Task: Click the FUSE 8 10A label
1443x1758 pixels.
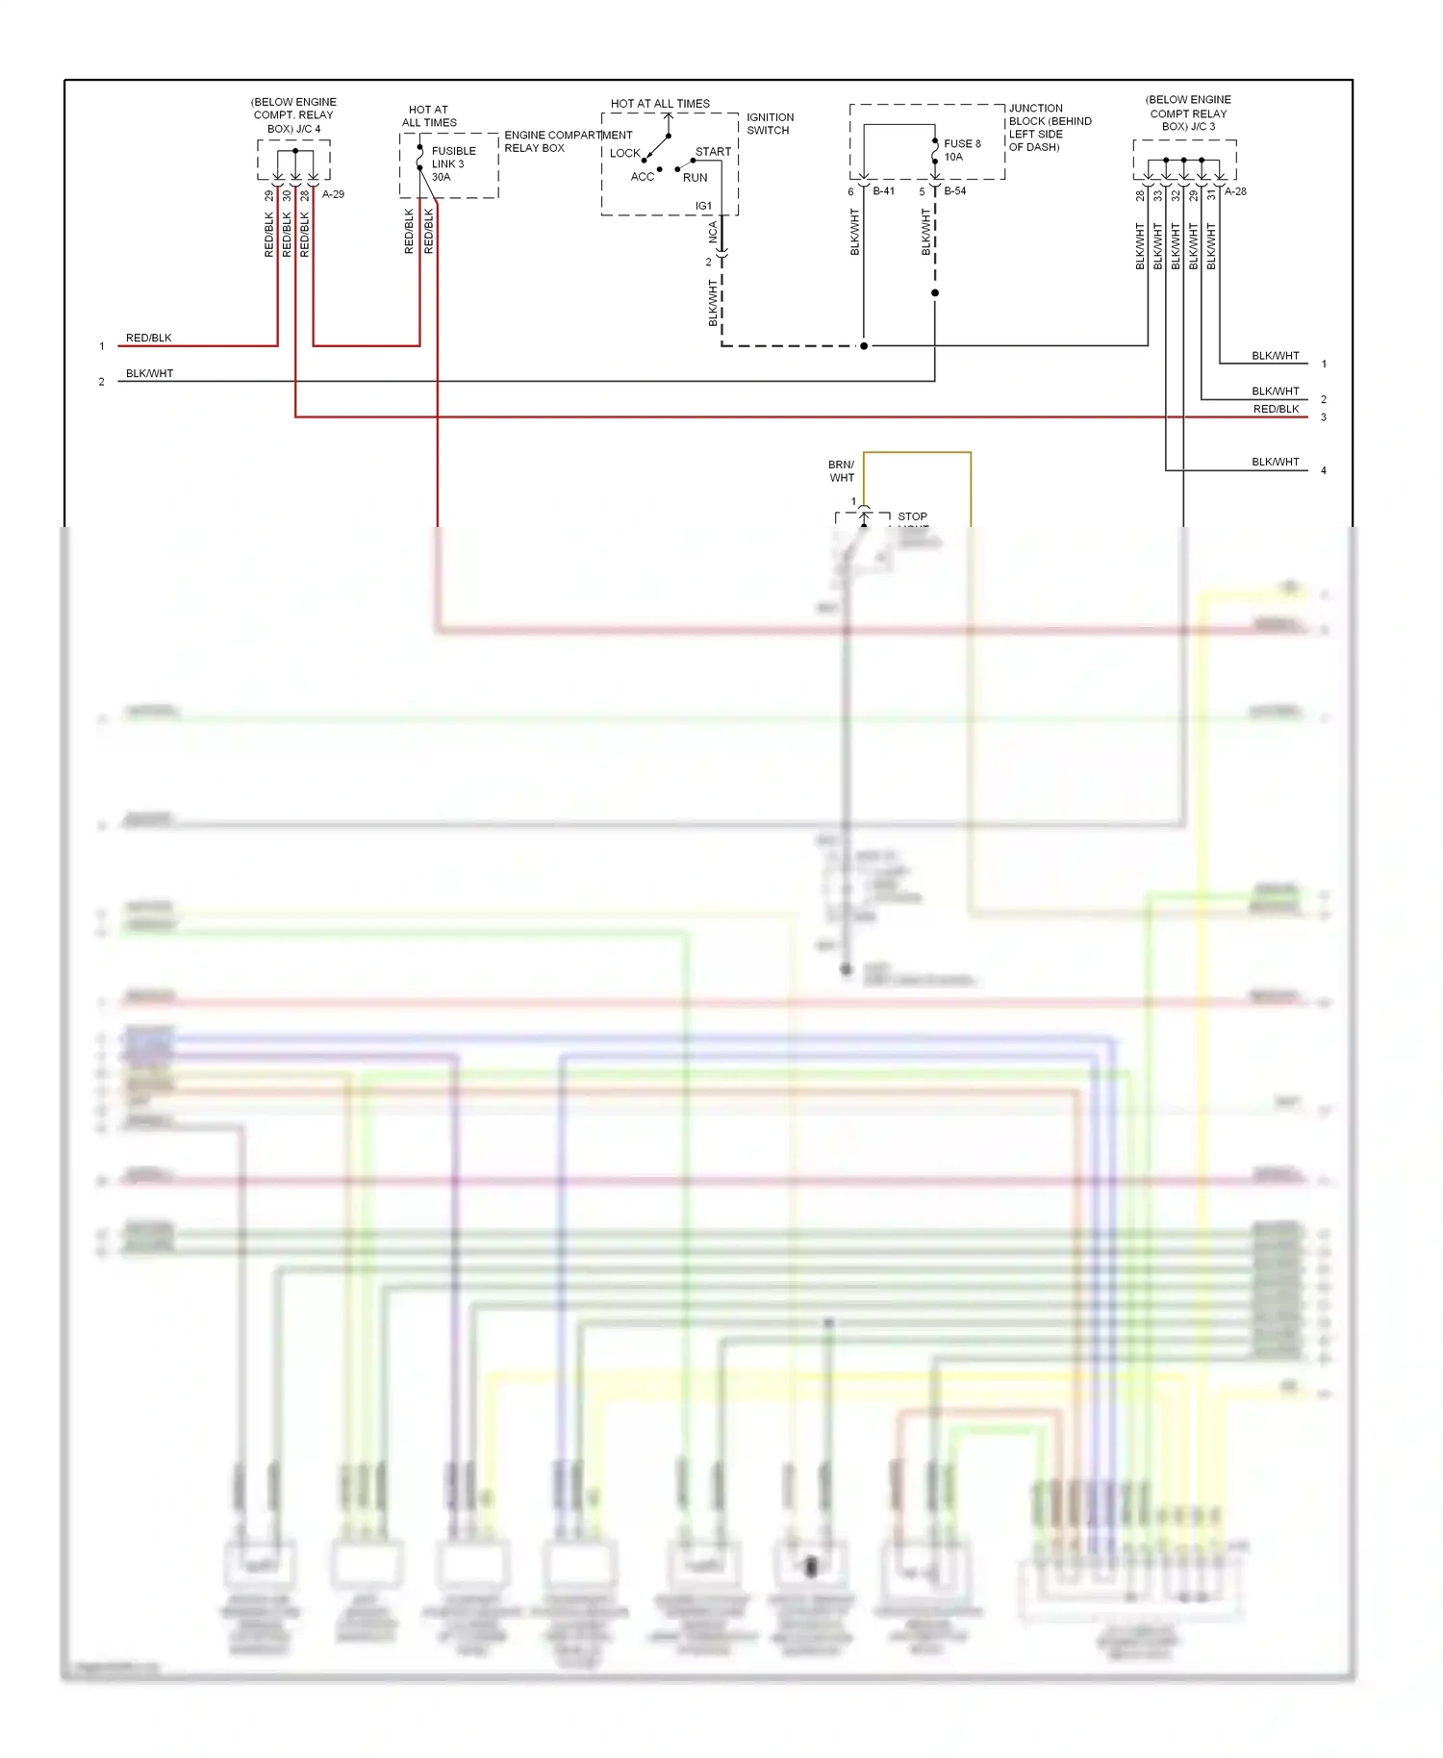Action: pos(962,150)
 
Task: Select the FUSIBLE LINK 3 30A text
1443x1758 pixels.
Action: pos(453,163)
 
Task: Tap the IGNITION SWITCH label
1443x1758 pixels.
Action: pos(770,123)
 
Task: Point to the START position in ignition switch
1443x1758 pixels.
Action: pos(713,152)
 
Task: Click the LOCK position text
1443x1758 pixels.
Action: pos(624,153)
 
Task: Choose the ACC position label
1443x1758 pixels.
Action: pos(642,177)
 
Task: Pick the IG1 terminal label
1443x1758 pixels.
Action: pos(703,206)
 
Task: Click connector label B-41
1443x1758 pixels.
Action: pos(883,191)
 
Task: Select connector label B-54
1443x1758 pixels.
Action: pos(954,191)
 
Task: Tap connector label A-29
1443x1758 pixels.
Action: pos(333,194)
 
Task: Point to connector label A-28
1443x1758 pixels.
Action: pos(1235,191)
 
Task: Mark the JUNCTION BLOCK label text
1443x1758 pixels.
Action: pos(1049,127)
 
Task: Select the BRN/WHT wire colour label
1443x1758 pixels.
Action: pos(842,471)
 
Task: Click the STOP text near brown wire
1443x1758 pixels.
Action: pos(912,516)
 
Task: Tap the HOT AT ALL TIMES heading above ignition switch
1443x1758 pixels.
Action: pos(660,104)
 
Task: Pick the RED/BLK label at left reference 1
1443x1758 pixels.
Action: pos(148,339)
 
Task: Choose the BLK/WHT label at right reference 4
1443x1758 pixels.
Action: pos(1275,463)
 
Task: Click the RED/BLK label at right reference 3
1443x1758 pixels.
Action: pos(1276,410)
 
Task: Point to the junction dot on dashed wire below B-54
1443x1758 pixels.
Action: pos(935,293)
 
